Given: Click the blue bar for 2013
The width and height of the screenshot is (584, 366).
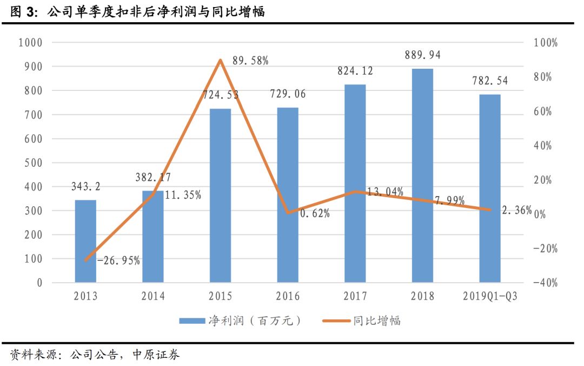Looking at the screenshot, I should point(85,241).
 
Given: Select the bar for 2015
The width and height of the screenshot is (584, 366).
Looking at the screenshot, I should point(220,195).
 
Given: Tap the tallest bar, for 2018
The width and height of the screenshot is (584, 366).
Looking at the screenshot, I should point(422,175).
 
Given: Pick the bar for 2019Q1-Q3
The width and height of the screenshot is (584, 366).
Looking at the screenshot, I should point(489,188).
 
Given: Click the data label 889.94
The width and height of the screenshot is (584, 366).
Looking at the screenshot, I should point(422,55).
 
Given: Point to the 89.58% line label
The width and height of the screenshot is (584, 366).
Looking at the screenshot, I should point(250,61).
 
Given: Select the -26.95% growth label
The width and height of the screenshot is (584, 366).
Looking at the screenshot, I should point(118,260).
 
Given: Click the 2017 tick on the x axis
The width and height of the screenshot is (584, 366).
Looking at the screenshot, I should point(355,296).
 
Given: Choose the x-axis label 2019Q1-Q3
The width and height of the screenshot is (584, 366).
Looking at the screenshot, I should point(489,296).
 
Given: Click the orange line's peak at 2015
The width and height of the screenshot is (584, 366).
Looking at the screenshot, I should point(220,60).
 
